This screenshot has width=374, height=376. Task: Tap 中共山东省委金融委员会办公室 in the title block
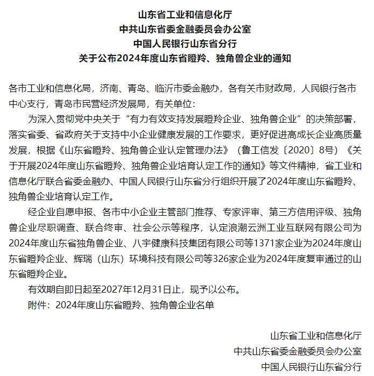187,29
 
